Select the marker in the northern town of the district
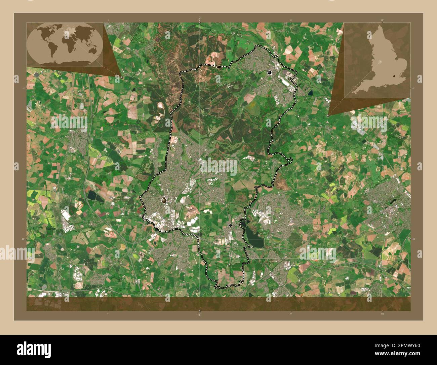(x=269, y=72)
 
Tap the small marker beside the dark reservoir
(x=230, y=225)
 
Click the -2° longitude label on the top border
(x=199, y=20)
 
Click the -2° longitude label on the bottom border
(x=199, y=314)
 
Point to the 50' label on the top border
(x=382, y=20)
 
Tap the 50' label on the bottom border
(x=382, y=313)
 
